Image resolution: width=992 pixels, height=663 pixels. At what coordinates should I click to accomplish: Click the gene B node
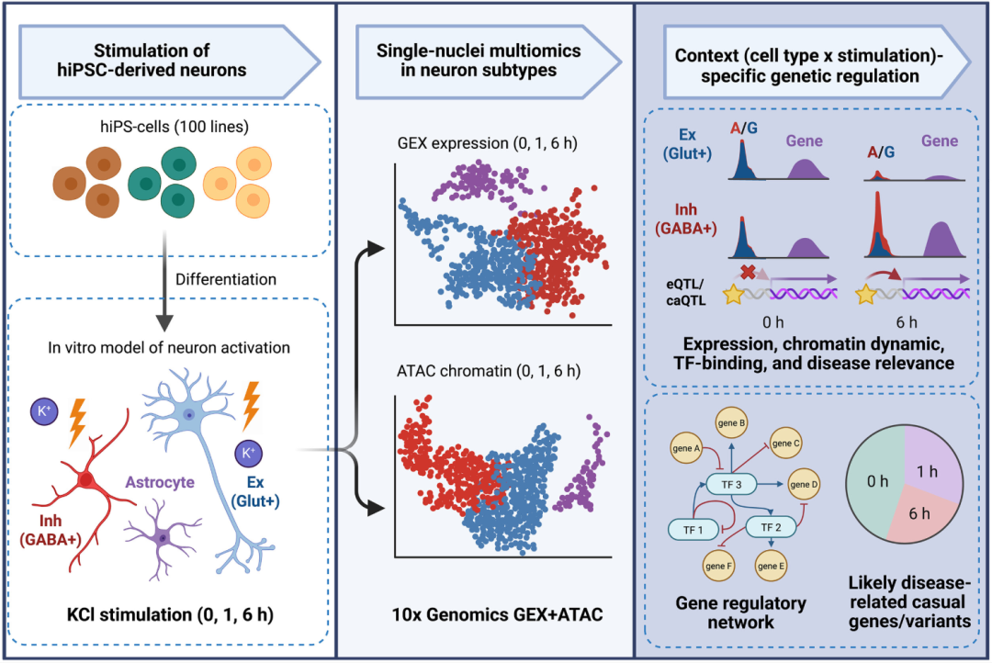tap(731, 423)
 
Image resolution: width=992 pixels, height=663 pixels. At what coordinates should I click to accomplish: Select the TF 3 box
tap(731, 485)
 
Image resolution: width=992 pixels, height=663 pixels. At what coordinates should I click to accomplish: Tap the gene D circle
tap(804, 485)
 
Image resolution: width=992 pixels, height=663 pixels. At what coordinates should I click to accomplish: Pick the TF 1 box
tap(693, 530)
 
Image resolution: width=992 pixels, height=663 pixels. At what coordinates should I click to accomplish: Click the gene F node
tap(718, 567)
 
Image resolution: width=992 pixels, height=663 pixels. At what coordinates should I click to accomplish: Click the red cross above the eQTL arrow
tap(748, 272)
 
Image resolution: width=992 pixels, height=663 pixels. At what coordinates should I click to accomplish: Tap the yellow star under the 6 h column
tap(865, 294)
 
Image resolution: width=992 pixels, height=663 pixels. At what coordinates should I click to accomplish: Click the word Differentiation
tap(226, 280)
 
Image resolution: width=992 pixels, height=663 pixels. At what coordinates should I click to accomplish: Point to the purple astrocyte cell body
tap(163, 538)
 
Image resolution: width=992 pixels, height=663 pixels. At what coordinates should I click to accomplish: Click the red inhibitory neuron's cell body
tap(86, 481)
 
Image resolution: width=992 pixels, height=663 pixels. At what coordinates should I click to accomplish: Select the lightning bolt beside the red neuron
tap(77, 422)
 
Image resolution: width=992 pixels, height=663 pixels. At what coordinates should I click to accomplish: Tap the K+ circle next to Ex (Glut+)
tap(248, 453)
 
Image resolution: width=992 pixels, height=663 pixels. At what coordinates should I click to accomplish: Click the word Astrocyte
tap(160, 482)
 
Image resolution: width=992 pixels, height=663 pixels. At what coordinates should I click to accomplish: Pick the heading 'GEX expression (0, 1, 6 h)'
tap(487, 143)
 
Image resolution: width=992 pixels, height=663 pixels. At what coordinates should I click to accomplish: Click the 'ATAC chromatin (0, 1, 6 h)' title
tap(489, 371)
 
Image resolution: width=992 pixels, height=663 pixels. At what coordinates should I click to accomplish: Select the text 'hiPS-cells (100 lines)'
tap(175, 127)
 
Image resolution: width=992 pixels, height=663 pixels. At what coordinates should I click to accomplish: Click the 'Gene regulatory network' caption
tap(741, 612)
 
